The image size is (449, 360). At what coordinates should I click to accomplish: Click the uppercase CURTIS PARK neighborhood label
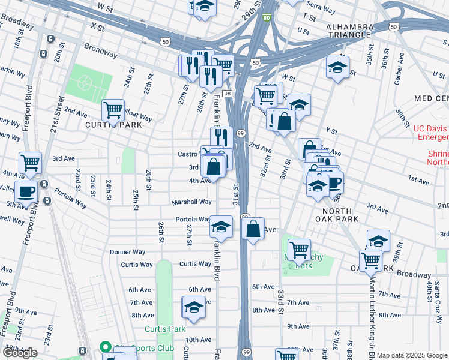pos(113,125)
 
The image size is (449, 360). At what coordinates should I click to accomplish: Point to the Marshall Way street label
pos(191,202)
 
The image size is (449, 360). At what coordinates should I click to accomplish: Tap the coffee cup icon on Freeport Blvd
pos(26,191)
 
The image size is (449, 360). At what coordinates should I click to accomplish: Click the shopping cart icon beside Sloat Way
pos(113,110)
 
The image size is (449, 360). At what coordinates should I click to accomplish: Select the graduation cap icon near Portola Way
pos(221,226)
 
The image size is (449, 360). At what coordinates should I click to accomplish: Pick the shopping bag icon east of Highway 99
pos(253,228)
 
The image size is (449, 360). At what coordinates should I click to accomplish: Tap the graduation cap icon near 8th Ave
pos(193,307)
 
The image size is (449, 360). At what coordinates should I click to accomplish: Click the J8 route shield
pos(227,94)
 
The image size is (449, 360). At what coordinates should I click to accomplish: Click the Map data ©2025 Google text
pos(411,355)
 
